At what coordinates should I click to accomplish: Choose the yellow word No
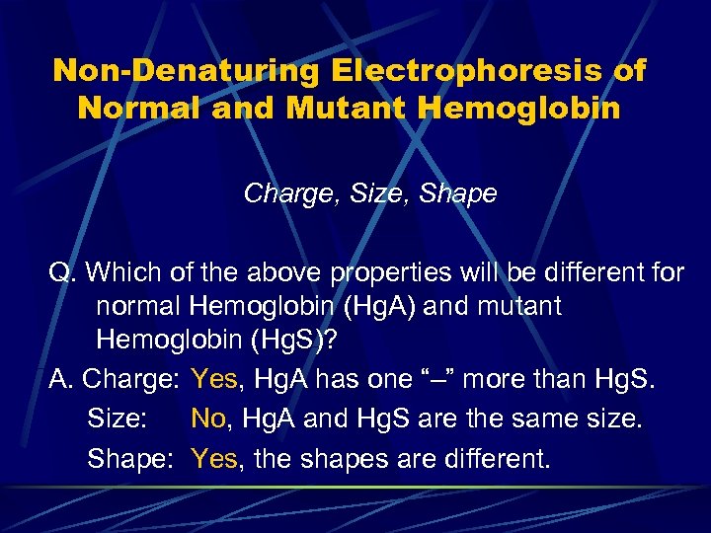208,419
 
